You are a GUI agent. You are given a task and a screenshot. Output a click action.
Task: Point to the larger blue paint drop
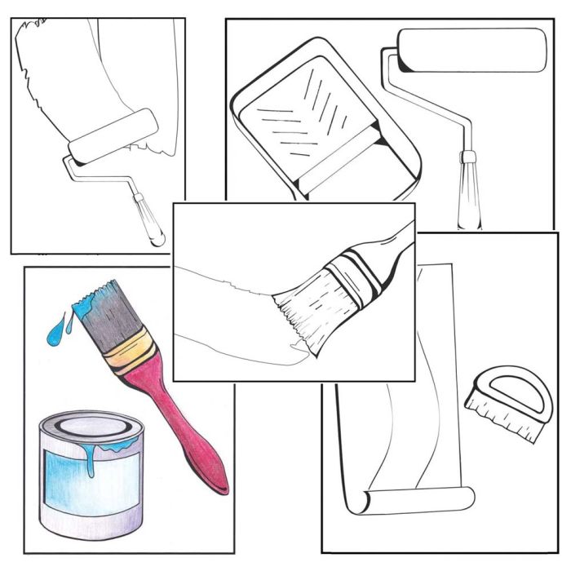55,332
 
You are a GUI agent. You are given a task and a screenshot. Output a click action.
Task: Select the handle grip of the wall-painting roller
148,219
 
